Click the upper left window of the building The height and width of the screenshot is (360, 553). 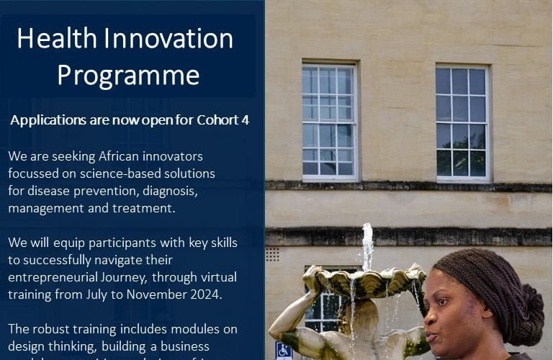[329, 121]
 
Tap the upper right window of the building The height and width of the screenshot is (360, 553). [462, 122]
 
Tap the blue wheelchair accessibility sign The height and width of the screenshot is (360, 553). [284, 351]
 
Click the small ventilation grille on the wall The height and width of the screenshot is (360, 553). [272, 254]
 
